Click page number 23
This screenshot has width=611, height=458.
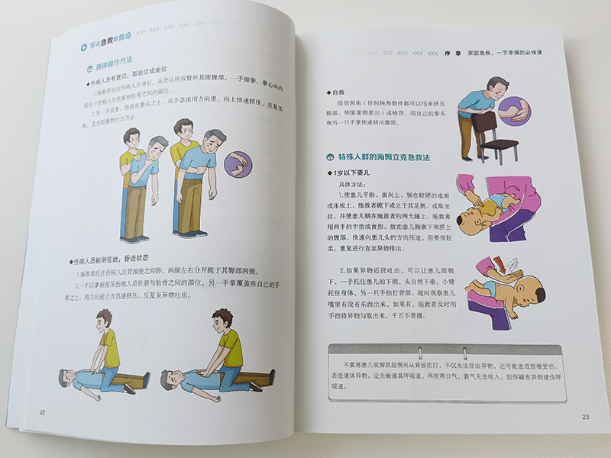(586, 417)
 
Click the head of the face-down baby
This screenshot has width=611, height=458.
(533, 296)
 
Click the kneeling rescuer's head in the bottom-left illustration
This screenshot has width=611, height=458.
(105, 318)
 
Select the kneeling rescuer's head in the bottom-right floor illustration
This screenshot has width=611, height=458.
(221, 319)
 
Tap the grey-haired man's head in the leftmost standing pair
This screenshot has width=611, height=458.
(157, 146)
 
